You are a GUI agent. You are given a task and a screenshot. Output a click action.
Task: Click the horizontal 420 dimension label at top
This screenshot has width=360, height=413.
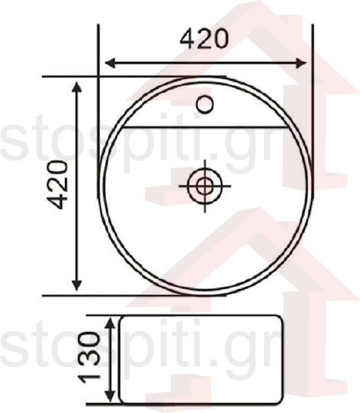204,39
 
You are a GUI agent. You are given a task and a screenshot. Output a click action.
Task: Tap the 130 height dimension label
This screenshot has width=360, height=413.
89,358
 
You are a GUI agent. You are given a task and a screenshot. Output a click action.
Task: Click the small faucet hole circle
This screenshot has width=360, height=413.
205,104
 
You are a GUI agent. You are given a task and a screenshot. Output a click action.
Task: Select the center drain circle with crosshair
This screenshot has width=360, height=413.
205,186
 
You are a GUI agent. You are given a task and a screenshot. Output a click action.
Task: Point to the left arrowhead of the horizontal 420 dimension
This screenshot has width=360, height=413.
110,63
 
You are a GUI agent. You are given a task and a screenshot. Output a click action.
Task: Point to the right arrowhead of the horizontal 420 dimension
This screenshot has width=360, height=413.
301,63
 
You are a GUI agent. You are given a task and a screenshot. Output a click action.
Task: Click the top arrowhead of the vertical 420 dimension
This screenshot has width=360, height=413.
76,87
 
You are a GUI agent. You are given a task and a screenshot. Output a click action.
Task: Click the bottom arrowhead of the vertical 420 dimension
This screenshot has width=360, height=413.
76,285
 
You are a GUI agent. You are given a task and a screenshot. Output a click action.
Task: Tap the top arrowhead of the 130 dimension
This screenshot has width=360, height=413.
110,323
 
